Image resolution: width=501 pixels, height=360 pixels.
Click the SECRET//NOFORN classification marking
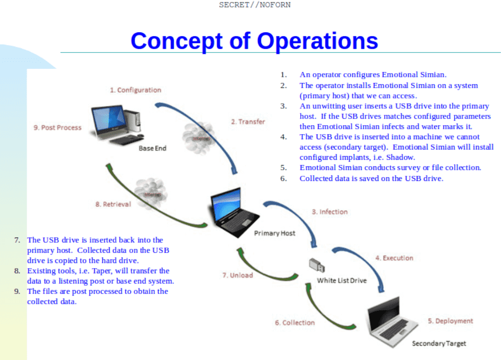pos(254,5)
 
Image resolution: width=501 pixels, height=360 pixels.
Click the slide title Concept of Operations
pos(254,41)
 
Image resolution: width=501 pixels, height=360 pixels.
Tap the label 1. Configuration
pos(135,90)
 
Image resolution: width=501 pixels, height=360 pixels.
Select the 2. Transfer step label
pos(248,122)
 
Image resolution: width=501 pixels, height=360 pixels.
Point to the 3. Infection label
pos(330,212)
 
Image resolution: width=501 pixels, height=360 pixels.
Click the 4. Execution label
pos(394,258)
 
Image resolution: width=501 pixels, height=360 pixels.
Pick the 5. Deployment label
pos(450,321)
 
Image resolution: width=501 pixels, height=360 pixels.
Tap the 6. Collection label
pos(295,322)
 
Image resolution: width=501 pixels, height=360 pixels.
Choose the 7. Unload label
pos(237,275)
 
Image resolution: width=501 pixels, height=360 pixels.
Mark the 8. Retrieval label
pos(113,204)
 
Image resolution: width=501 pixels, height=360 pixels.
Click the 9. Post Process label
pos(57,127)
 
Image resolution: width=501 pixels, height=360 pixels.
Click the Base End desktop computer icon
pos(115,124)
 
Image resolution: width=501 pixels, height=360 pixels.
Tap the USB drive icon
pos(316,265)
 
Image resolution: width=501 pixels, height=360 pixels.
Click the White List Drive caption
pos(342,280)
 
